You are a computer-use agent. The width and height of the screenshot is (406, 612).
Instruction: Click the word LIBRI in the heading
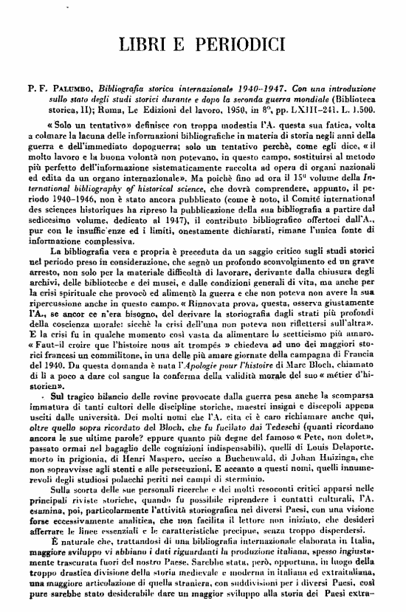[x=151, y=43]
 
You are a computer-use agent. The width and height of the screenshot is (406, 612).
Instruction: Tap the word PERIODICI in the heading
[x=247, y=43]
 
